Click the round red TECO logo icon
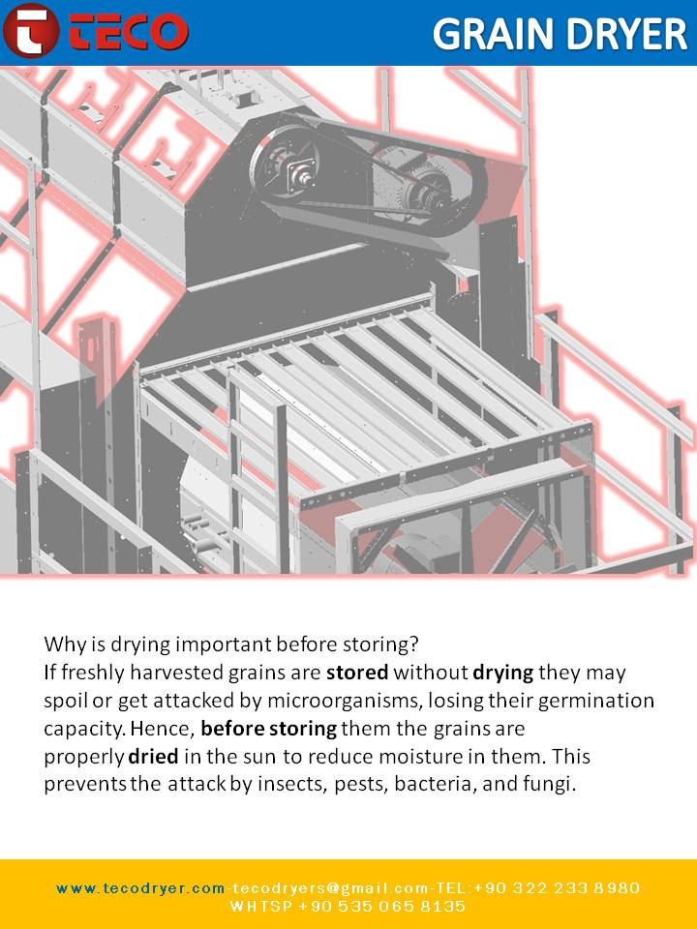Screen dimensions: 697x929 click(30, 30)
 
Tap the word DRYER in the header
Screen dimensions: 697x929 click(627, 34)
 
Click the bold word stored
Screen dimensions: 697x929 click(357, 673)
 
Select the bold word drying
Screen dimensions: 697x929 click(503, 674)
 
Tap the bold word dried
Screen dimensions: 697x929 click(153, 757)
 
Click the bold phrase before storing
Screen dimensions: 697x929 click(269, 729)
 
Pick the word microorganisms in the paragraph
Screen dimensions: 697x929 click(344, 702)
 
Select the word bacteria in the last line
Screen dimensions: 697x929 click(434, 785)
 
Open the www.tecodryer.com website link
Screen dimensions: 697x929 click(140, 888)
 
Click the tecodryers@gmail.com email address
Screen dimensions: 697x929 click(329, 888)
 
